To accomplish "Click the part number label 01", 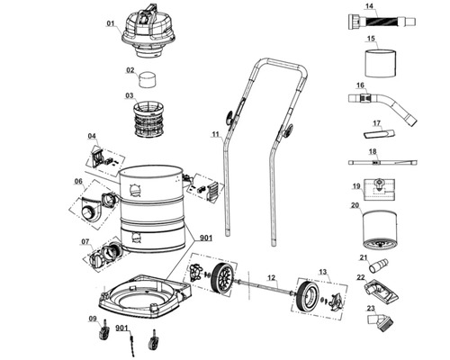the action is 111,23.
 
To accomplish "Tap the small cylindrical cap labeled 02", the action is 148,79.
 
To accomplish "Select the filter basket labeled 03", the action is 148,119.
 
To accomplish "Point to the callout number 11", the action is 216,134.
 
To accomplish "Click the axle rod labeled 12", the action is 265,287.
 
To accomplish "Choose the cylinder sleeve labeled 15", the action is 381,63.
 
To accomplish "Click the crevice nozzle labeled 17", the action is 379,133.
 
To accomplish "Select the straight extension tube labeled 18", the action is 382,162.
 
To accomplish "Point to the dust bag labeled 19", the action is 379,190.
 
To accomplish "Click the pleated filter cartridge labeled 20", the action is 380,229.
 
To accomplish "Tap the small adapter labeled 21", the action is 378,265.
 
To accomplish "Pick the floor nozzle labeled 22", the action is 381,291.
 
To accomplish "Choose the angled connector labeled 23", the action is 380,322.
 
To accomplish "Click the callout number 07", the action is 85,241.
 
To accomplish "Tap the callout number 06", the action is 78,181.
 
